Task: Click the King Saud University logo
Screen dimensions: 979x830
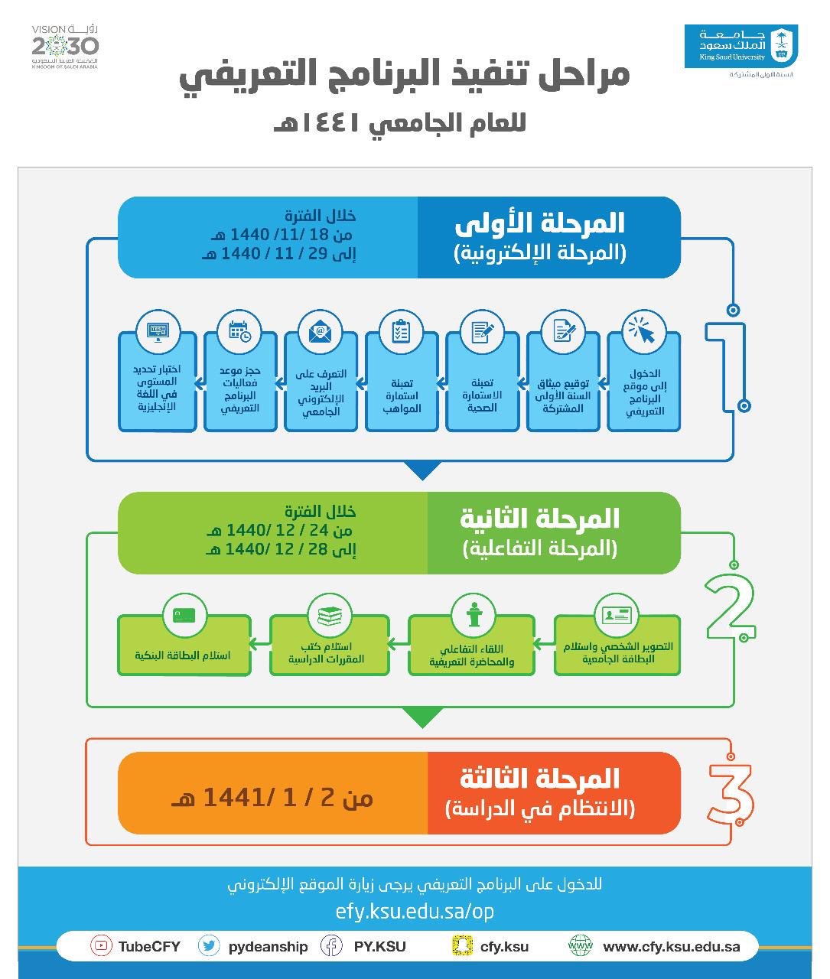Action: click(x=740, y=47)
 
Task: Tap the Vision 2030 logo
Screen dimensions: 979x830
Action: click(x=65, y=47)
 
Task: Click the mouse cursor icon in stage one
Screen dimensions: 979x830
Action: click(x=643, y=330)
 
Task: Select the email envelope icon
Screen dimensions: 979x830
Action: click(x=320, y=332)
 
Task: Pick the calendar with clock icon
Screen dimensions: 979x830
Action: click(x=239, y=331)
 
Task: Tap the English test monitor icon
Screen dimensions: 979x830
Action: click(x=158, y=331)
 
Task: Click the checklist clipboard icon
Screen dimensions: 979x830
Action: click(x=401, y=332)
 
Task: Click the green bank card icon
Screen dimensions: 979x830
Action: click(x=184, y=615)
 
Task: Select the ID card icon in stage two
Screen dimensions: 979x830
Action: click(x=617, y=615)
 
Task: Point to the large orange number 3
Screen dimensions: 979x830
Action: click(x=730, y=793)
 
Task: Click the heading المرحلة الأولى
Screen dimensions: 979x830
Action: click(x=539, y=223)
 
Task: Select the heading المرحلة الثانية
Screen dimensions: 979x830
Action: click(x=539, y=519)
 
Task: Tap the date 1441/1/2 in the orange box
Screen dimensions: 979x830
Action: click(x=272, y=798)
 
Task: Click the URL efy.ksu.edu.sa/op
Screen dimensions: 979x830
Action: click(x=415, y=912)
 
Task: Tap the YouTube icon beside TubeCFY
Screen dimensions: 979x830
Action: click(x=101, y=946)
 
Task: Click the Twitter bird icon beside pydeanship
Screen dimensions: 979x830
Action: click(x=208, y=946)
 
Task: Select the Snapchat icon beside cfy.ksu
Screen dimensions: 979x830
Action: click(x=458, y=946)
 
